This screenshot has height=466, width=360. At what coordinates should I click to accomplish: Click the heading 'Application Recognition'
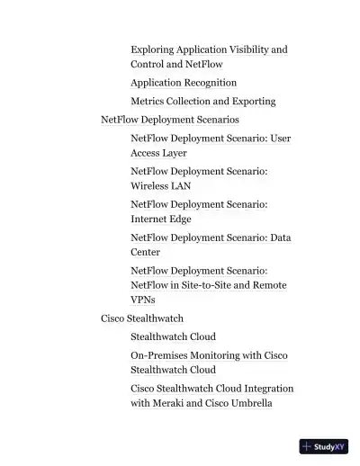184,83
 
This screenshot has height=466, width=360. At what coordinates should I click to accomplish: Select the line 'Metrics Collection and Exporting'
202,102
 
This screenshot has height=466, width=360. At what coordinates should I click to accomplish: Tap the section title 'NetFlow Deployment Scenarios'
170,120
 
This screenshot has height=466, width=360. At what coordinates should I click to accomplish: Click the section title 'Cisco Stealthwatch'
142,318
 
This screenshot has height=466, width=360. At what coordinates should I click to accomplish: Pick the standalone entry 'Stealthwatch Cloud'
173,336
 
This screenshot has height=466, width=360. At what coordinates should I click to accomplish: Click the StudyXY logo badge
324,446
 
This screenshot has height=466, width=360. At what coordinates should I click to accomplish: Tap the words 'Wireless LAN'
160,186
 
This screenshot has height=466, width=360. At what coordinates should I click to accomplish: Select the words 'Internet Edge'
161,219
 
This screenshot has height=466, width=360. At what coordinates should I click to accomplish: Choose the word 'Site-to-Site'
208,285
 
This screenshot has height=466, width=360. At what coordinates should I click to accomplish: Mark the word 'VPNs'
143,300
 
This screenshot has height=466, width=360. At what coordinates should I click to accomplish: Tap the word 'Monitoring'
215,355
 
